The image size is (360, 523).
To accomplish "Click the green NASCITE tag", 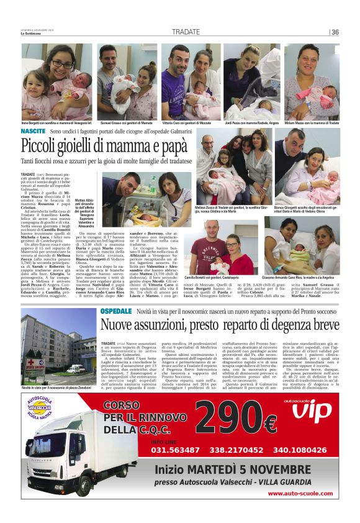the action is coord(32,132).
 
